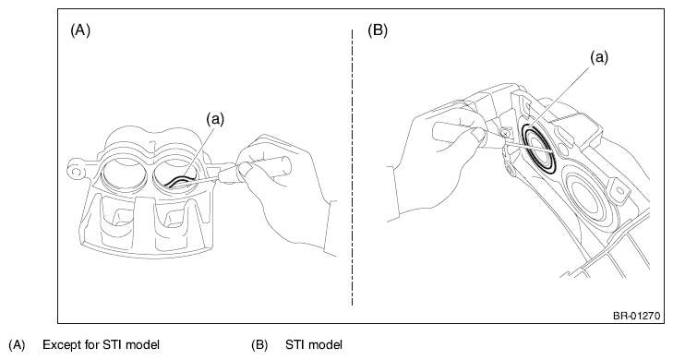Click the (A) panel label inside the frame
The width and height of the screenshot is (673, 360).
click(80, 30)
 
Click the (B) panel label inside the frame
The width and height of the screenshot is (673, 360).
click(378, 30)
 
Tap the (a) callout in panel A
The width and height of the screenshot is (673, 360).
click(215, 119)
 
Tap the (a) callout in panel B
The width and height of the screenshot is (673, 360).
click(599, 57)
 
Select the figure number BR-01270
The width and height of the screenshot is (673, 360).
click(636, 317)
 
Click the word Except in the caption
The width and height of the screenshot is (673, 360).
click(64, 345)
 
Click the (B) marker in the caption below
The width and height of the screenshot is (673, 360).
click(259, 345)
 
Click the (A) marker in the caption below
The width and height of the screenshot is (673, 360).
click(18, 345)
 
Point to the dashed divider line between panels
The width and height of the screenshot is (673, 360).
click(353, 167)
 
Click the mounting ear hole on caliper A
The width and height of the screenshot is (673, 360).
click(77, 172)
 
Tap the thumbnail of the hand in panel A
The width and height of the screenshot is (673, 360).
click(246, 169)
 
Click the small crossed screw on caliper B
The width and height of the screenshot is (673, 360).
click(507, 134)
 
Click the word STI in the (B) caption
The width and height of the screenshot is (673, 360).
click(295, 345)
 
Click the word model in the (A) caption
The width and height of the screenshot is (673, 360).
click(142, 345)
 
